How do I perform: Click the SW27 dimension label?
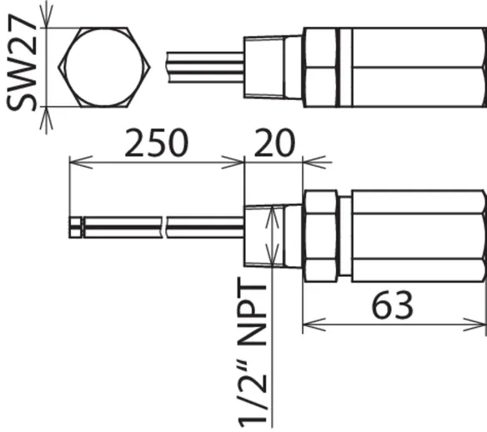21,63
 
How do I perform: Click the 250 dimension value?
156,143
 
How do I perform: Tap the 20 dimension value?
274,143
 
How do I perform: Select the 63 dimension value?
392,304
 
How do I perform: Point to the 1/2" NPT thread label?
253,353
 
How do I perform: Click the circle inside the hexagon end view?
104,68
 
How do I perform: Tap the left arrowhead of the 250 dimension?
81,162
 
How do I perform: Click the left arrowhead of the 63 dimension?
314,324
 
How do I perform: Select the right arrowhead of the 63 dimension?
474,324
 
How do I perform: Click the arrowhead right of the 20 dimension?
314,162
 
